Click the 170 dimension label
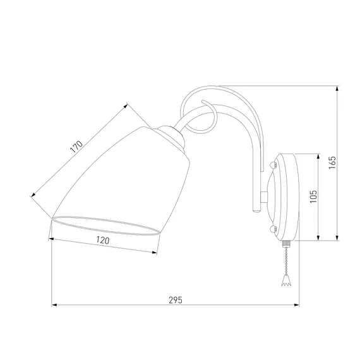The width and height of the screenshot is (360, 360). tap(76, 147)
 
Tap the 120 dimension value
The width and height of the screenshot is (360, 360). tap(102, 240)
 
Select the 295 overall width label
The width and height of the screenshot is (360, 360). tap(176, 300)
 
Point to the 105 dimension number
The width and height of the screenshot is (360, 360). tap(313, 196)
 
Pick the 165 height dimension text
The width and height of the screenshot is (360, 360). tap(332, 163)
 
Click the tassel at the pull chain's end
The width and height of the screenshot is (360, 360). tap(286, 282)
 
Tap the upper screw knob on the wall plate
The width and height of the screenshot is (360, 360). tap(273, 165)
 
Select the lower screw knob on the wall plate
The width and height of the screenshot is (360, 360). tap(273, 229)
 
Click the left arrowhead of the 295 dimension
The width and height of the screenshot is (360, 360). tap(54, 305)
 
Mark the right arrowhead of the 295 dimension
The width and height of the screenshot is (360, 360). tap(296, 305)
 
